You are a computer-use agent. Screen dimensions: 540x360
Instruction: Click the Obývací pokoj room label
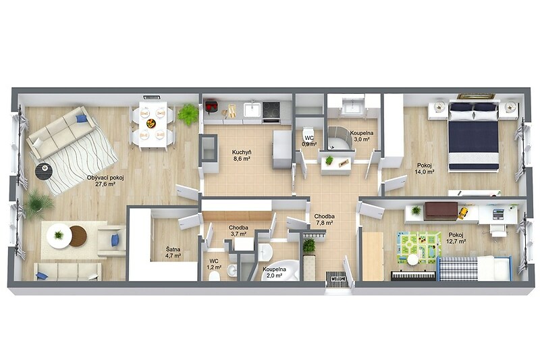point(105,181)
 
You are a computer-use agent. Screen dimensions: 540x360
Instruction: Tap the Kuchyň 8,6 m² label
point(241,155)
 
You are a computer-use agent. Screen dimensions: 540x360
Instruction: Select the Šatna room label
point(173,252)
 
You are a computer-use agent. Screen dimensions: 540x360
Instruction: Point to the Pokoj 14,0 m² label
point(424,168)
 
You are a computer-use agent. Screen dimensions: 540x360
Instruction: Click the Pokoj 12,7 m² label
point(456,238)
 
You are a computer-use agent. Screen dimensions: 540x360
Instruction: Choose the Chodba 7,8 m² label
point(324,220)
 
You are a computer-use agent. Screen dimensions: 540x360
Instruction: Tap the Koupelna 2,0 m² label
point(274,272)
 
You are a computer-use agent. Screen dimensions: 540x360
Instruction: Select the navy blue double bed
point(474,135)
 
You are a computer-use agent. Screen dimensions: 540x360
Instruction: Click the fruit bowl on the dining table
point(151,123)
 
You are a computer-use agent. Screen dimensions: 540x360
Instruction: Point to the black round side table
point(44,171)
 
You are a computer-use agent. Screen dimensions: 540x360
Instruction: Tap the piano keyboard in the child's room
point(413,276)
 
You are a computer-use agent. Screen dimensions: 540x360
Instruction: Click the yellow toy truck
point(464,213)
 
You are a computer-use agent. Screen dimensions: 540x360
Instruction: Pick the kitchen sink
point(252,109)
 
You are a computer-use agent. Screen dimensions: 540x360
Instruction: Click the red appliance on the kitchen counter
point(211,106)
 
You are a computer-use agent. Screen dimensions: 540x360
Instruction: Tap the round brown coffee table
point(78,236)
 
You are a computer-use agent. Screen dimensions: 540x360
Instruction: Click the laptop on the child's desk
point(498,213)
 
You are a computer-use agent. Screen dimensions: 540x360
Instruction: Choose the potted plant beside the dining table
point(188,114)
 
